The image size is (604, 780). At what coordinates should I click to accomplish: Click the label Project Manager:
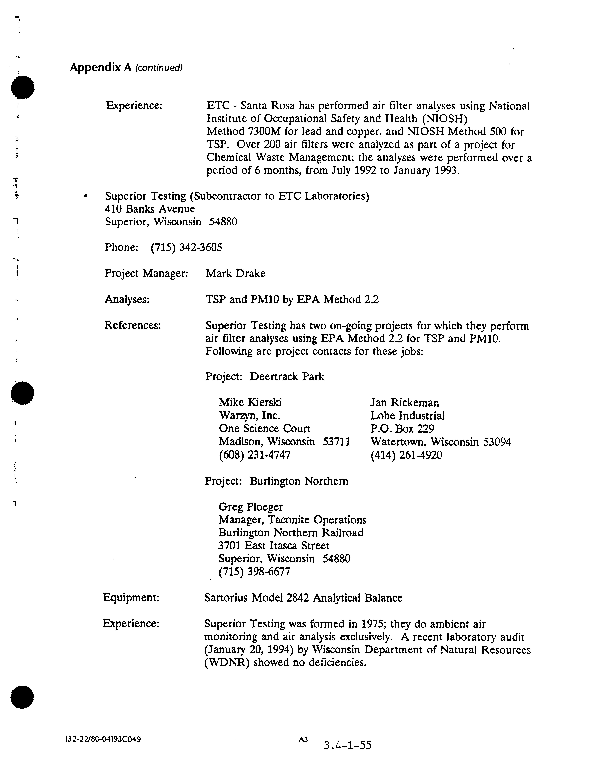click(x=146, y=274)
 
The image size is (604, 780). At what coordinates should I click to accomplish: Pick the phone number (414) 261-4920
click(x=406, y=455)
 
